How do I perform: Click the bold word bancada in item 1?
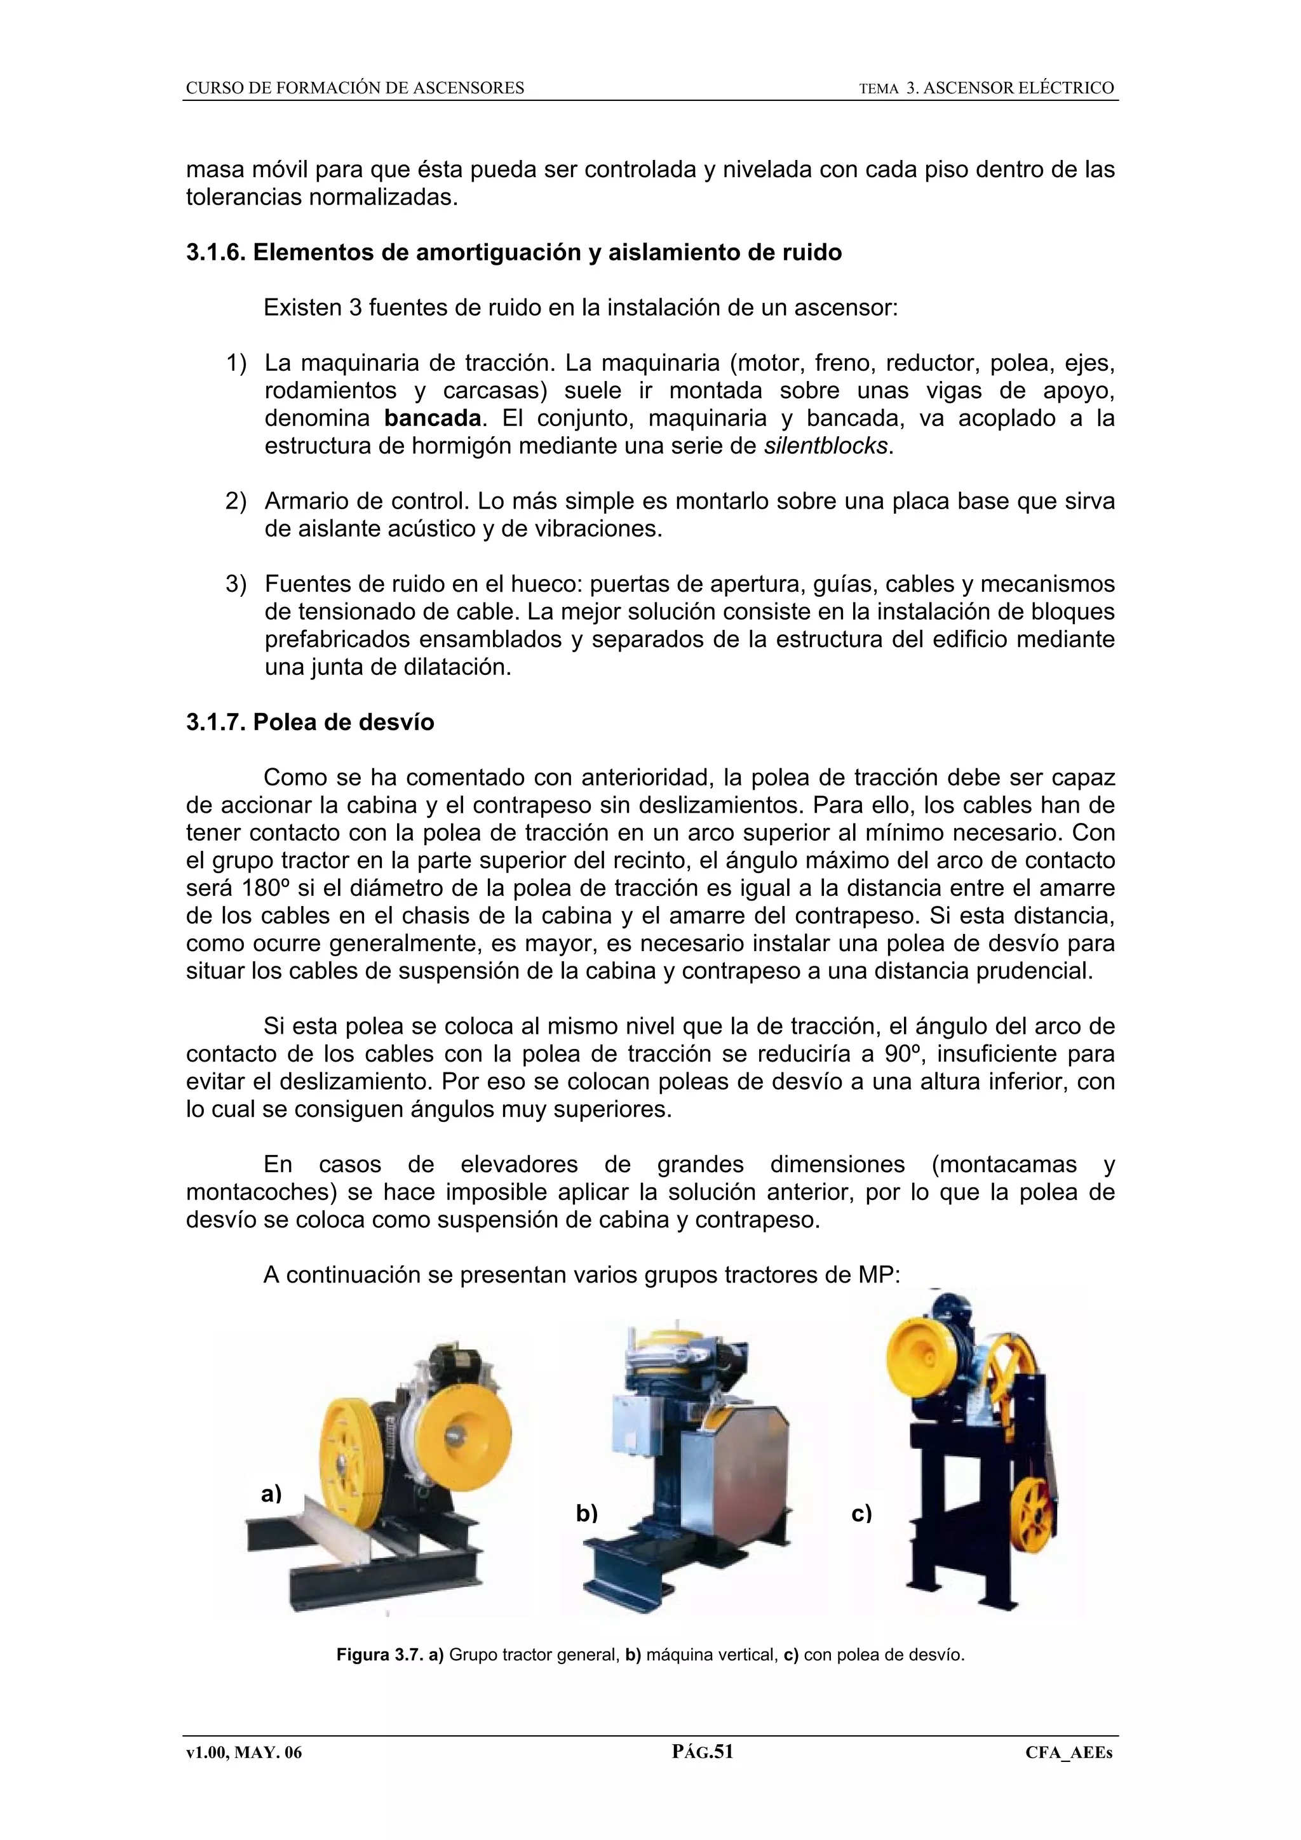coord(433,418)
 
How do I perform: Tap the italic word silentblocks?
coord(826,446)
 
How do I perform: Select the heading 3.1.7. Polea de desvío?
coord(310,722)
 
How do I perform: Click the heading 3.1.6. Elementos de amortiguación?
coord(514,253)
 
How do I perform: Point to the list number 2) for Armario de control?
coord(236,502)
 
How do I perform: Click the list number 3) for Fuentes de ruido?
coord(236,584)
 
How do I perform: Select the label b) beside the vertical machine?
coord(587,1513)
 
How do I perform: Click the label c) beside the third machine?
coord(862,1514)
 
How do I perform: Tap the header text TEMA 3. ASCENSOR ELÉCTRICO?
coord(986,88)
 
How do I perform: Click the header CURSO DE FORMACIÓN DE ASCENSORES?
coord(355,88)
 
